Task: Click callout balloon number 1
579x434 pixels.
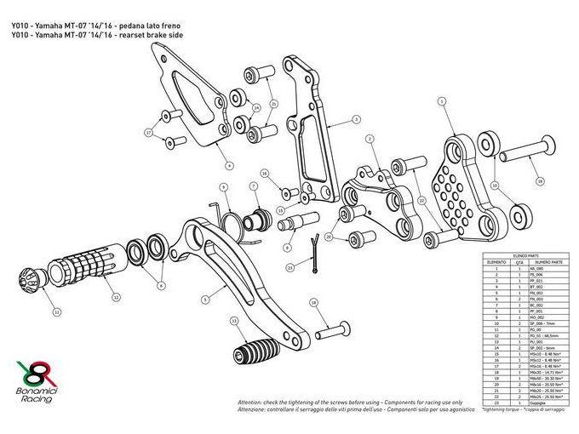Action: click(x=443, y=101)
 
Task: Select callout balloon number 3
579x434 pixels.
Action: click(x=358, y=119)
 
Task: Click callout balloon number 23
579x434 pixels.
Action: click(x=289, y=268)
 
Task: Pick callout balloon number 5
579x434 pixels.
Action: click(x=204, y=300)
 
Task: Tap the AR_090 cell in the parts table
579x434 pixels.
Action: click(x=536, y=268)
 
